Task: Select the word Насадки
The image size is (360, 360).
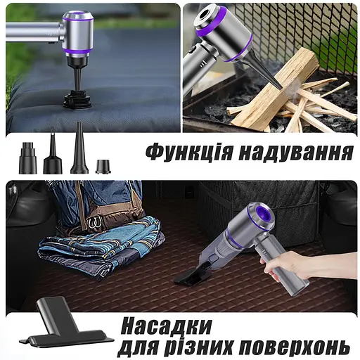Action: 166,326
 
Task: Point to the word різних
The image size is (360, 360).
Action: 200,347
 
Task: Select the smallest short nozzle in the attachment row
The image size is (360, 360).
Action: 103,166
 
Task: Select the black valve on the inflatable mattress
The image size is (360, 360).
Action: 76,98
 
